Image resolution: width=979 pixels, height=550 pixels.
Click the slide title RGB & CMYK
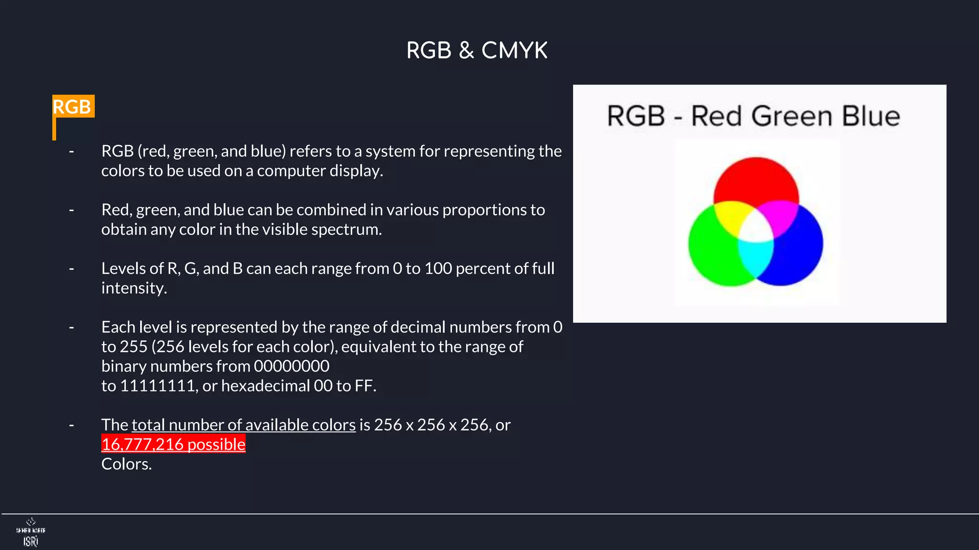(477, 51)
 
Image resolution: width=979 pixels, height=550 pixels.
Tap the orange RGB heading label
(72, 106)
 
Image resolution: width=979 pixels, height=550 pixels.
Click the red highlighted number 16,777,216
(142, 444)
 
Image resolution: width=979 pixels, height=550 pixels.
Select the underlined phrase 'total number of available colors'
(243, 425)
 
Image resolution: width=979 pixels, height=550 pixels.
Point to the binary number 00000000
(291, 366)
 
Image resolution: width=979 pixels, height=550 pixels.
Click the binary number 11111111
(157, 386)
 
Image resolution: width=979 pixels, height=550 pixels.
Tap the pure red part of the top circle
(756, 179)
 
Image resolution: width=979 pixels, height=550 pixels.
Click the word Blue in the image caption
(870, 116)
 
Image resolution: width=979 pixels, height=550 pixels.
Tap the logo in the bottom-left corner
(31, 532)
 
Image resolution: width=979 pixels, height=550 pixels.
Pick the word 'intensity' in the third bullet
(133, 288)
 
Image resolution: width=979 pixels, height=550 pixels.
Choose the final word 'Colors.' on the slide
(126, 464)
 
